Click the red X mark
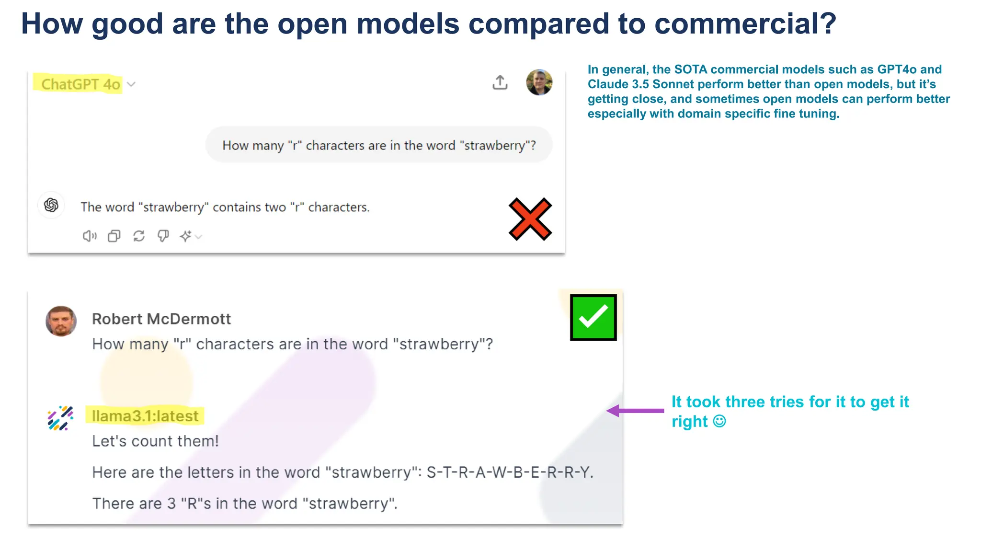click(x=530, y=219)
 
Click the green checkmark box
click(x=593, y=318)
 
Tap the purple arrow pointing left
click(x=635, y=411)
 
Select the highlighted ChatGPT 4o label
click(x=80, y=84)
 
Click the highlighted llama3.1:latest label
click(x=145, y=416)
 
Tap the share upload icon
click(x=500, y=82)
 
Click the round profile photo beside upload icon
click(x=539, y=82)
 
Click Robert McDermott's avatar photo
click(x=61, y=321)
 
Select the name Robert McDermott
click(x=161, y=319)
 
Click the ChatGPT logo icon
click(x=51, y=206)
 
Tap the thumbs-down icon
click(x=163, y=236)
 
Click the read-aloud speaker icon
click(x=90, y=236)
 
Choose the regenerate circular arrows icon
click(x=139, y=236)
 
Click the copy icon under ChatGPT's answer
click(x=114, y=236)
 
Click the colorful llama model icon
click(x=60, y=418)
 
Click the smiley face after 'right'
click(x=719, y=421)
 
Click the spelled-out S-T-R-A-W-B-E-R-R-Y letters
click(x=509, y=472)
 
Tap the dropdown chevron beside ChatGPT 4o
click(x=131, y=84)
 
